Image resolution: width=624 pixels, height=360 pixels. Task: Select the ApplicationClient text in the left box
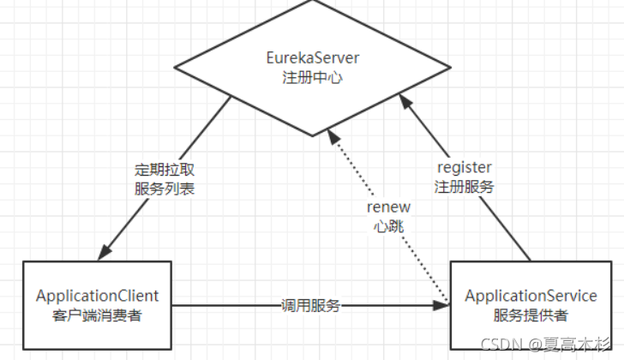pyautogui.click(x=97, y=296)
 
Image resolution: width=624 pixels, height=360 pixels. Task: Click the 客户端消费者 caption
pyautogui.click(x=97, y=315)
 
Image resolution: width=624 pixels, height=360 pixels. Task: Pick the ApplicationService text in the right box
pyautogui.click(x=531, y=296)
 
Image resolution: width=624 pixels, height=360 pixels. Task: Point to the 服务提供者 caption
pyautogui.click(x=531, y=315)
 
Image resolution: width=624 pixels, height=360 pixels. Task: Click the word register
pyautogui.click(x=465, y=168)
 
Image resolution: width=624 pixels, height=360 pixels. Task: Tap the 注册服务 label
pyautogui.click(x=465, y=186)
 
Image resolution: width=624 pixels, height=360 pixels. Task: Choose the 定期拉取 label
pyautogui.click(x=165, y=169)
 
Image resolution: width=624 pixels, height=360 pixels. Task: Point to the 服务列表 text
pyautogui.click(x=165, y=188)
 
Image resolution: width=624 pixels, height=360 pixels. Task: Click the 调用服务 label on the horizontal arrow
pyautogui.click(x=311, y=305)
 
